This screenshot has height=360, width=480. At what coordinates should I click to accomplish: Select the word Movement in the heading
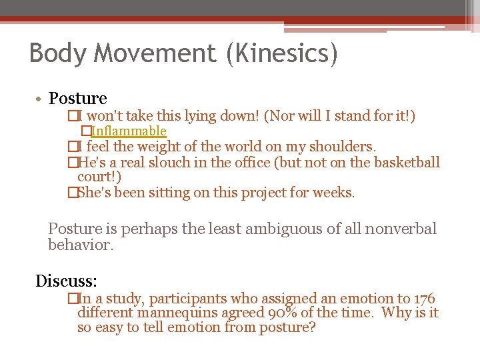(151, 53)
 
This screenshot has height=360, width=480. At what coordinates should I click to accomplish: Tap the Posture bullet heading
(77, 99)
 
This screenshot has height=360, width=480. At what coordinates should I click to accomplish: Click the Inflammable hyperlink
(129, 131)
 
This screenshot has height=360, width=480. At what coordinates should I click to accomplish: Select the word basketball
(402, 163)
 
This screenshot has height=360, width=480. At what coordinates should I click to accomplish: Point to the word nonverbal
(405, 229)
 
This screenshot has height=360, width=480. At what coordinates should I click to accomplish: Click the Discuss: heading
(67, 281)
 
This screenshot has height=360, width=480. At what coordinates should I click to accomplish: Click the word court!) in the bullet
(99, 177)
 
